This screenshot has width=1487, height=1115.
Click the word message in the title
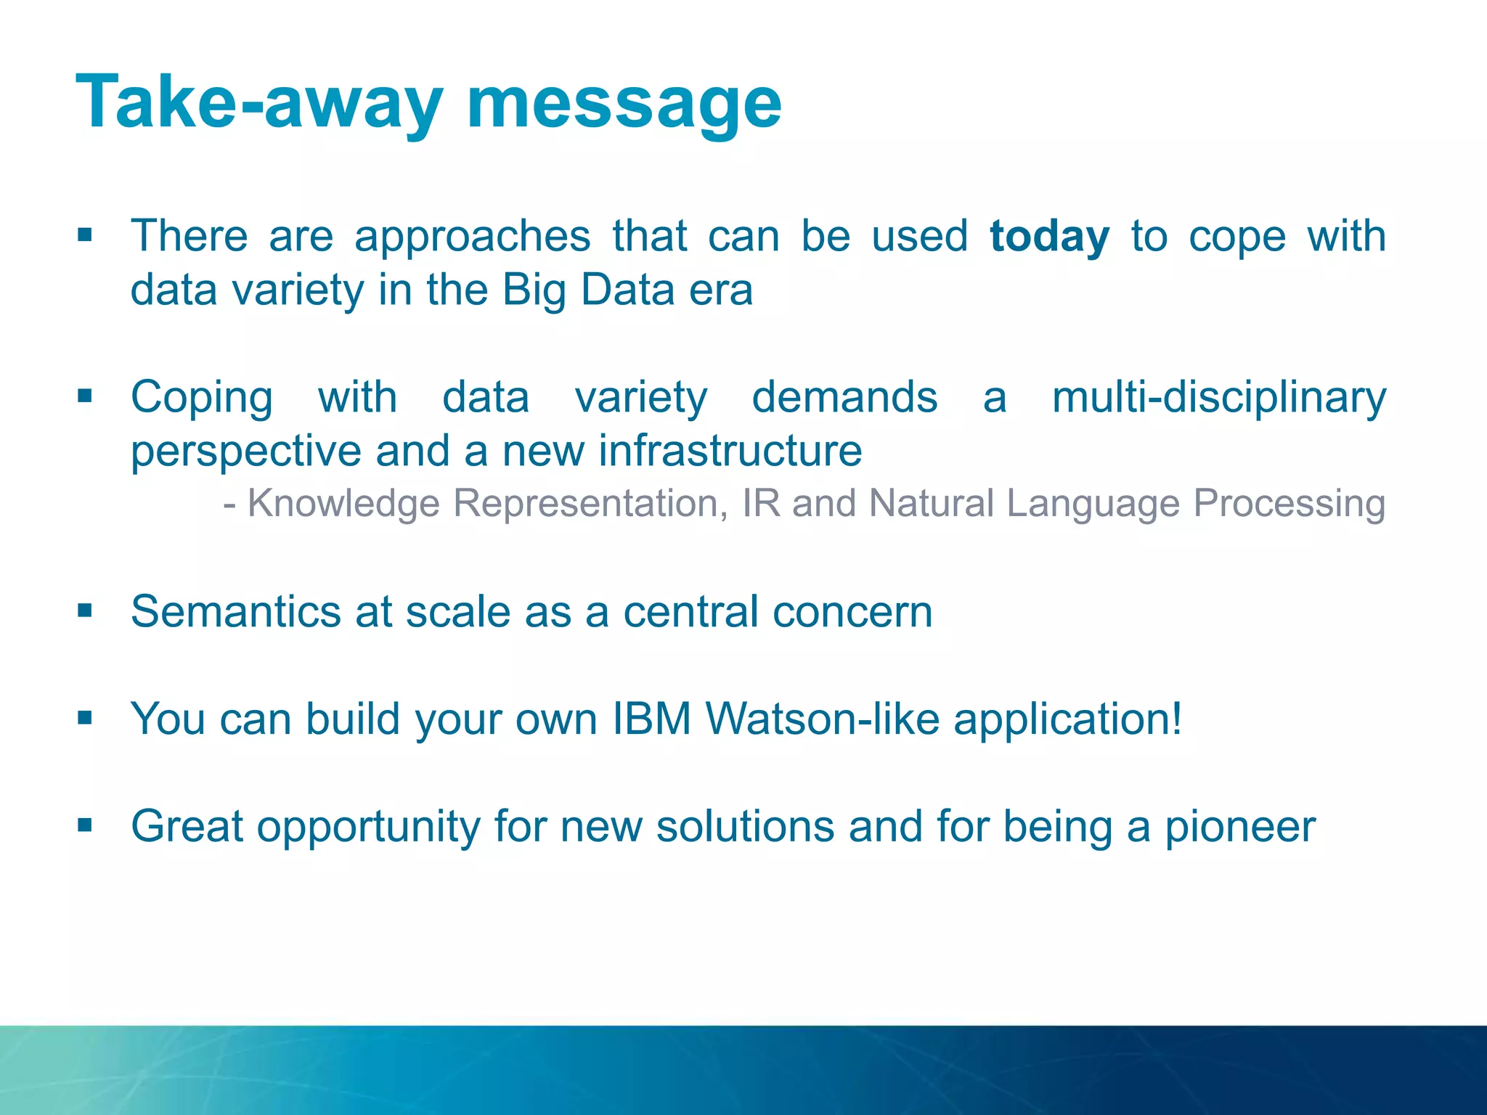[624, 103]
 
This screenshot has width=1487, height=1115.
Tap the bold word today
[1049, 237]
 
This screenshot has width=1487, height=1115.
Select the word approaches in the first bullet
[472, 237]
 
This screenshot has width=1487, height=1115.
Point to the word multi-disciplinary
[1218, 399]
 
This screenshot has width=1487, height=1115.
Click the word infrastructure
[730, 452]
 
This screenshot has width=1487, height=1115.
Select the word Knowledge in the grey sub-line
[343, 504]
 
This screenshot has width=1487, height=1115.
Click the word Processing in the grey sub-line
[1290, 504]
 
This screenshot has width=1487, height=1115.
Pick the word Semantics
[236, 612]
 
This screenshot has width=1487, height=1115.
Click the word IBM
[651, 719]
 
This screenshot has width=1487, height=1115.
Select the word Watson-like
[823, 719]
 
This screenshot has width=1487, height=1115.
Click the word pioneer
[1239, 828]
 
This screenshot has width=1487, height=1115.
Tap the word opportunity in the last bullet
[368, 828]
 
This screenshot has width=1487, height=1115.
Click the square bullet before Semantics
[85, 611]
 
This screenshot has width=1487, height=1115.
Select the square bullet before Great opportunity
[85, 825]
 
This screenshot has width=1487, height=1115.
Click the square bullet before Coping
[85, 396]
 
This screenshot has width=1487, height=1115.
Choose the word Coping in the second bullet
[202, 399]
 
